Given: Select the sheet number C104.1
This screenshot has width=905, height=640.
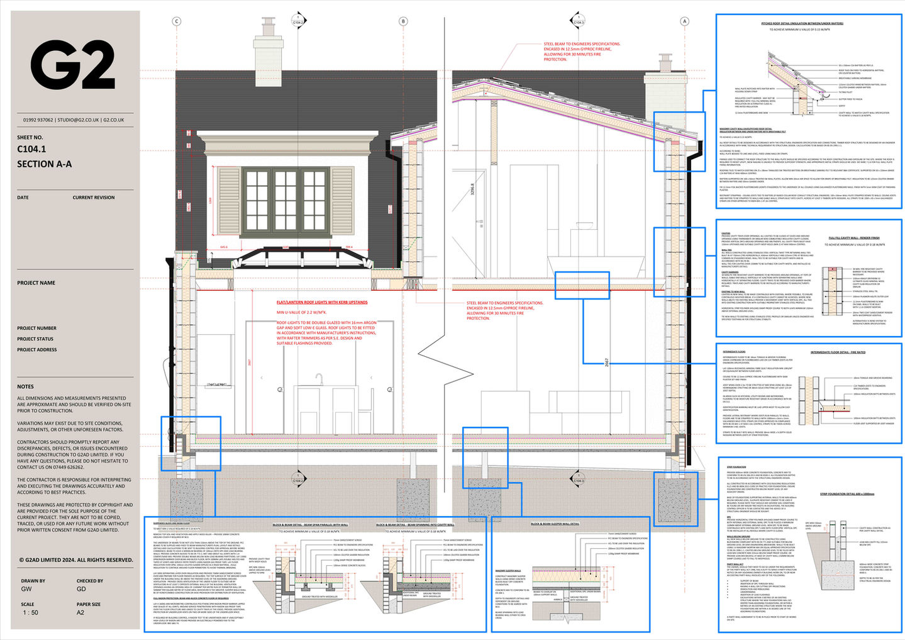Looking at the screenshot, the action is (x=31, y=149).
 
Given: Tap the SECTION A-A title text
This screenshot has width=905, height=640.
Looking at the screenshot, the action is (x=44, y=164).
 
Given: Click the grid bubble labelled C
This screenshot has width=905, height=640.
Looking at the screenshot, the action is (x=177, y=21).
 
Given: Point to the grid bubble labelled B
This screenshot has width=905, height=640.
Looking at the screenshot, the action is (x=404, y=21).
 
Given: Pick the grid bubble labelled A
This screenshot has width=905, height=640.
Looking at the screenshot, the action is (x=685, y=21).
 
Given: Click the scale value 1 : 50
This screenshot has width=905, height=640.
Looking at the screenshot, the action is (x=30, y=612).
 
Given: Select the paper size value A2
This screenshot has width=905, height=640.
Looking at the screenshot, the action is (x=81, y=612).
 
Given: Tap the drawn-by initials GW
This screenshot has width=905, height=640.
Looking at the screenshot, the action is (x=26, y=589).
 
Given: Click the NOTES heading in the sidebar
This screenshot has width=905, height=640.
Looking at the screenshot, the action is (x=26, y=386).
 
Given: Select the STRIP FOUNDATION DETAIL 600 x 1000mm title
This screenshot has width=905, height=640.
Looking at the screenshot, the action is (x=847, y=494).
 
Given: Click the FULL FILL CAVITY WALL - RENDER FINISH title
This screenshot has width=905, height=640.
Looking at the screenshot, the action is (x=853, y=238).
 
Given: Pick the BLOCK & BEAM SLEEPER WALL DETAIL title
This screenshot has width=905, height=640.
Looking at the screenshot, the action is (x=555, y=524).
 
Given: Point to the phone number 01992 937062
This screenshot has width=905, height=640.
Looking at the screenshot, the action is (x=37, y=120).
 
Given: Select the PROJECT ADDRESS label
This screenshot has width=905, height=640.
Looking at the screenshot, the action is (x=37, y=349).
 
